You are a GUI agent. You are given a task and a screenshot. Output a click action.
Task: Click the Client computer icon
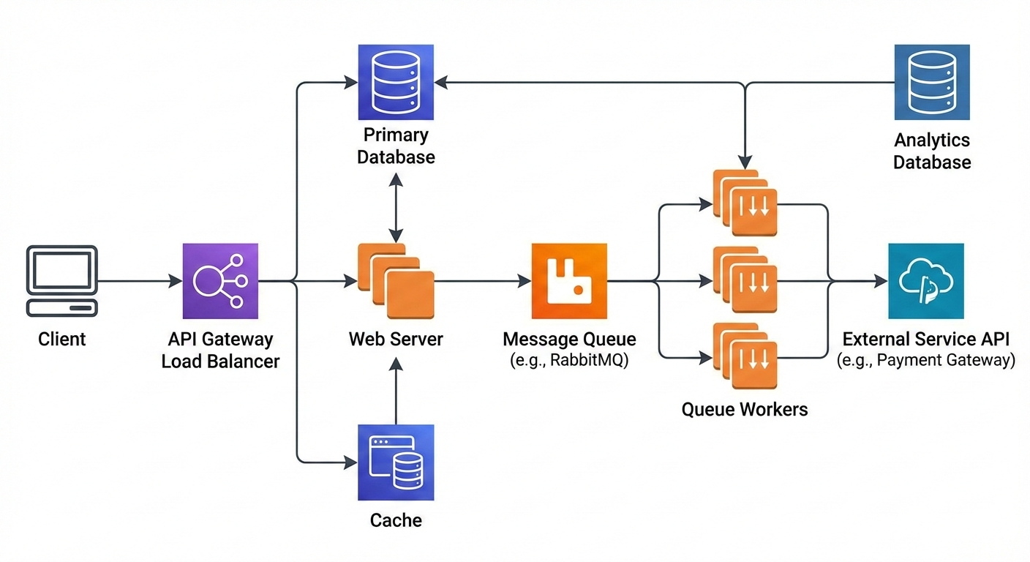point(62,281)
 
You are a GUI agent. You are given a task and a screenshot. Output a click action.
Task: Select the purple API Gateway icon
point(220,281)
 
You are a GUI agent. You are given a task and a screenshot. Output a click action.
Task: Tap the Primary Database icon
point(395,82)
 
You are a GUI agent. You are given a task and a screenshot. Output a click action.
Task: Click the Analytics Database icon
point(932,82)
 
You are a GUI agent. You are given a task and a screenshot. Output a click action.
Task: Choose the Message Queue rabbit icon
point(569,281)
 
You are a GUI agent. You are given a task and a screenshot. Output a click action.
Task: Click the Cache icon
point(395,462)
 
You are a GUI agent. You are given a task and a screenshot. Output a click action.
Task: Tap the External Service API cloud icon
point(925,281)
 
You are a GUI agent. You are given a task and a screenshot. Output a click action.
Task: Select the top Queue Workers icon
point(745,203)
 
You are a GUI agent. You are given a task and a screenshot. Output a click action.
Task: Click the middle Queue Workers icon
point(745,280)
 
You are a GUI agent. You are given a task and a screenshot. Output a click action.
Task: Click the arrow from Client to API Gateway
point(139,281)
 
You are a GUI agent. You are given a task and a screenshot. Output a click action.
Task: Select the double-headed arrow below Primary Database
point(396,208)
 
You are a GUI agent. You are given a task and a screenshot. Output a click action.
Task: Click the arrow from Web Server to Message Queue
point(483,281)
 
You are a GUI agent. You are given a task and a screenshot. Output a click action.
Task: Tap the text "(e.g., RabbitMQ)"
point(569,361)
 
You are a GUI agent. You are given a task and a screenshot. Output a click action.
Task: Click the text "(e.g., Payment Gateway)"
point(926,361)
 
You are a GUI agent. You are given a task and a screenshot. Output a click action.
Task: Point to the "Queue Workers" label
point(745,409)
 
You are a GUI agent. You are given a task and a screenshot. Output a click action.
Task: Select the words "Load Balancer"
point(220,361)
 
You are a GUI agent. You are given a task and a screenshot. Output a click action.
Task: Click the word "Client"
point(62,340)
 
